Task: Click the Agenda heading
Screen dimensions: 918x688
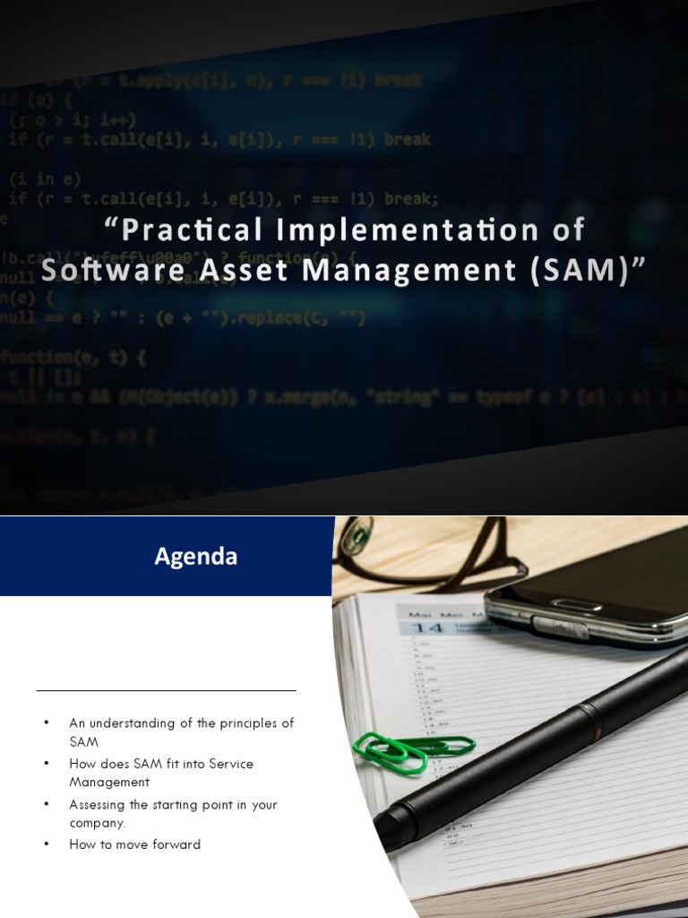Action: coord(195,557)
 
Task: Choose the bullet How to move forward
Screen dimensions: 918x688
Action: coord(134,844)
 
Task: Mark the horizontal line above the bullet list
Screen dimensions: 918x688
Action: coord(166,691)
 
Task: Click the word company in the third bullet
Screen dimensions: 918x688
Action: coord(97,822)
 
